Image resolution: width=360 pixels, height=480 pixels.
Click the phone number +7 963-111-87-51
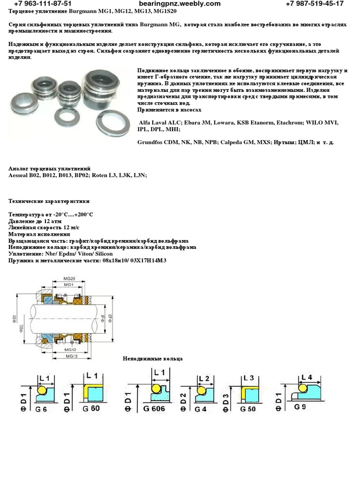tap(44, 4)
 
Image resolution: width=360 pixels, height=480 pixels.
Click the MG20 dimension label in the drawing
tap(68, 278)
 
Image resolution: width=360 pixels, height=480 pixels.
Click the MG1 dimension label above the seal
tap(68, 285)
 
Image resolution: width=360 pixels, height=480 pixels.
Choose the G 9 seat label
tap(301, 406)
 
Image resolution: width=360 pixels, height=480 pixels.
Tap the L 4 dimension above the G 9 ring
tap(306, 376)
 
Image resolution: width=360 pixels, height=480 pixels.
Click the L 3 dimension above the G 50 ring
tap(248, 378)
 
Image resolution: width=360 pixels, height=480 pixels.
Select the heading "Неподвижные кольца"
tap(153, 359)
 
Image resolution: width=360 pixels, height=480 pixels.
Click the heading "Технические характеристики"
tap(49, 201)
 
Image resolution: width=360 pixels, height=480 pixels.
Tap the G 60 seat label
tap(92, 408)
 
